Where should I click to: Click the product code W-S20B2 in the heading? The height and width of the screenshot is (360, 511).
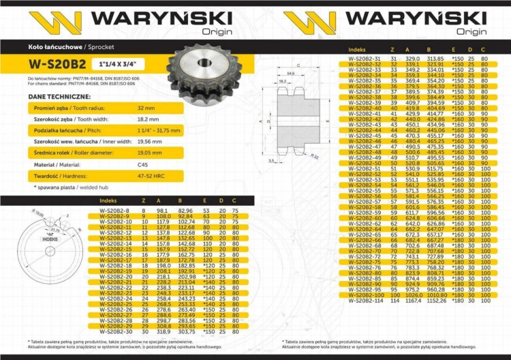(57, 65)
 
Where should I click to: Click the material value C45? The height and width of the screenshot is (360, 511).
(144, 166)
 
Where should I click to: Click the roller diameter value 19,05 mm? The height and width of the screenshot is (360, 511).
(149, 153)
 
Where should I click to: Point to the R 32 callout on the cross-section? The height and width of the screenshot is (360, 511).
(315, 155)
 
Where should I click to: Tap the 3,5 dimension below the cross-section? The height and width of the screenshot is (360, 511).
(272, 160)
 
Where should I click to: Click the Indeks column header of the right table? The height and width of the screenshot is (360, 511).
(358, 50)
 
